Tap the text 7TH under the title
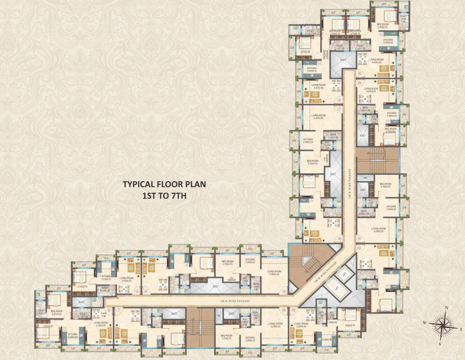pyautogui.click(x=179, y=196)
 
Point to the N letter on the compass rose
pyautogui.click(x=447, y=308)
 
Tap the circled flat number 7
pyautogui.click(x=339, y=109)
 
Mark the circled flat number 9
pyautogui.click(x=360, y=74)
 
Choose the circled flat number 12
pyautogui.click(x=359, y=248)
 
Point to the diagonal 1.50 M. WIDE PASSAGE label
pyautogui.click(x=326, y=273)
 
